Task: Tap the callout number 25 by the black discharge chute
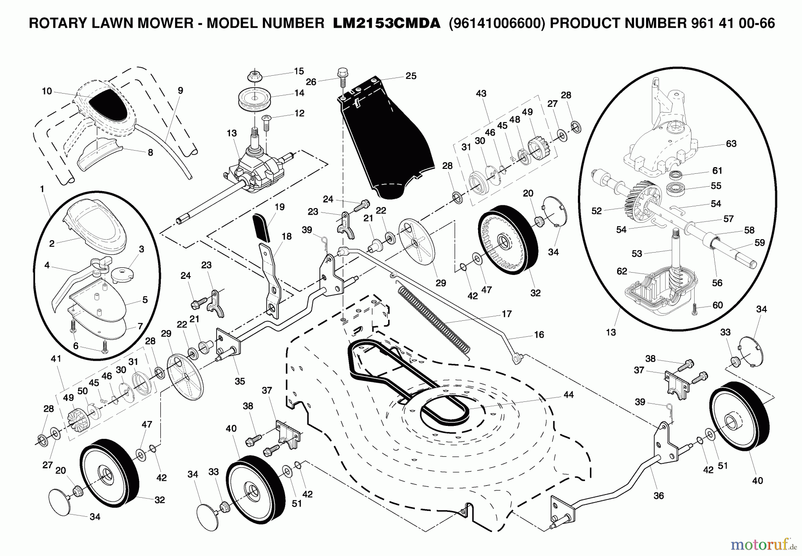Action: (x=411, y=76)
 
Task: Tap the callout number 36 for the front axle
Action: (x=658, y=495)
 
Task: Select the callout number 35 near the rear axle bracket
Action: (x=240, y=381)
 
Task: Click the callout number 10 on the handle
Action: (x=47, y=91)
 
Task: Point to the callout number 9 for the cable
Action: (x=180, y=90)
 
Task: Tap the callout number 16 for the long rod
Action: (x=539, y=335)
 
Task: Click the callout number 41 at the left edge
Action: (x=56, y=359)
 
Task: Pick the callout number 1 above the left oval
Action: (x=42, y=189)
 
